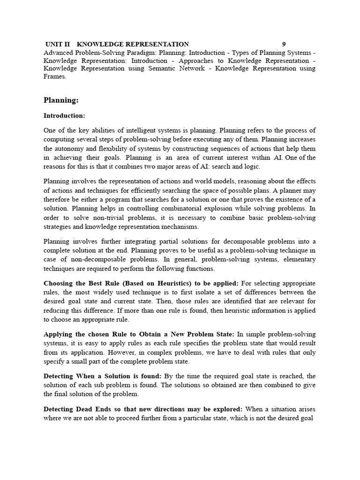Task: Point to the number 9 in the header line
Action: (x=284, y=44)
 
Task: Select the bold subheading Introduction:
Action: (x=64, y=115)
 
